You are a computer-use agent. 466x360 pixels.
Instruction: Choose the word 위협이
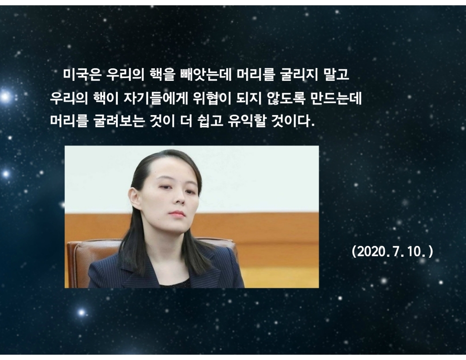[x=212, y=98]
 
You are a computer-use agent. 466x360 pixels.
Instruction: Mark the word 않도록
[x=286, y=98]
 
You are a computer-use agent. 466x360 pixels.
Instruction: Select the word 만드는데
[x=336, y=98]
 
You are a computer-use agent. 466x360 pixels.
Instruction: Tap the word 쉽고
[x=210, y=121]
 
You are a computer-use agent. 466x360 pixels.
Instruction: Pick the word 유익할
[x=247, y=121]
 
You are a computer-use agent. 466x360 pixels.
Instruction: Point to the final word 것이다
[x=293, y=121]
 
